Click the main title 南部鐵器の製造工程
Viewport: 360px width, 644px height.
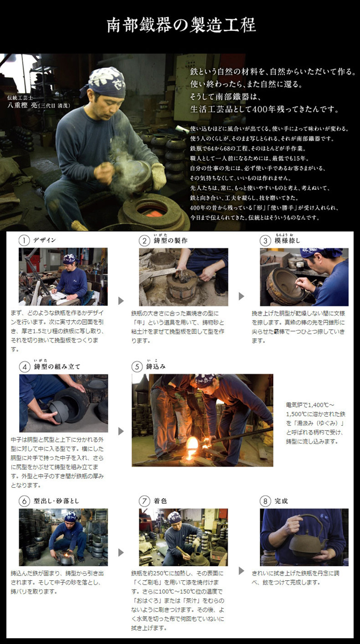pos(181,26)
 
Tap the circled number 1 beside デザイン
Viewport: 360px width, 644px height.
pos(24,240)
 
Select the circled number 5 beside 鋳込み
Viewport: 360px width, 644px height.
pos(137,367)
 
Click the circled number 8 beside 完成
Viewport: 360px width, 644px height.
pos(265,501)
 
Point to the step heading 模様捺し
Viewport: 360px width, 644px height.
pos(287,240)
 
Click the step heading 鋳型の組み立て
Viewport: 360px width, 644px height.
pos(57,367)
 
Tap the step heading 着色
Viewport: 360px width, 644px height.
pos(160,501)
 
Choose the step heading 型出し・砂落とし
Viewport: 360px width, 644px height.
pos(56,501)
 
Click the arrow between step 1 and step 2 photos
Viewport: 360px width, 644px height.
pos(121,301)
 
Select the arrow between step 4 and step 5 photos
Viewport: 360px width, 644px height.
pos(121,431)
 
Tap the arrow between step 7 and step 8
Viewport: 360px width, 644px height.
pos(242,571)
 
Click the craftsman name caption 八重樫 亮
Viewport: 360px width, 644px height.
pos(22,105)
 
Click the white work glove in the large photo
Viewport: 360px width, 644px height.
pos(159,176)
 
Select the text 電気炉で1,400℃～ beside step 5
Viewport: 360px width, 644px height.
pos(310,405)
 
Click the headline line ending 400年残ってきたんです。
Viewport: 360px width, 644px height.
pos(264,109)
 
